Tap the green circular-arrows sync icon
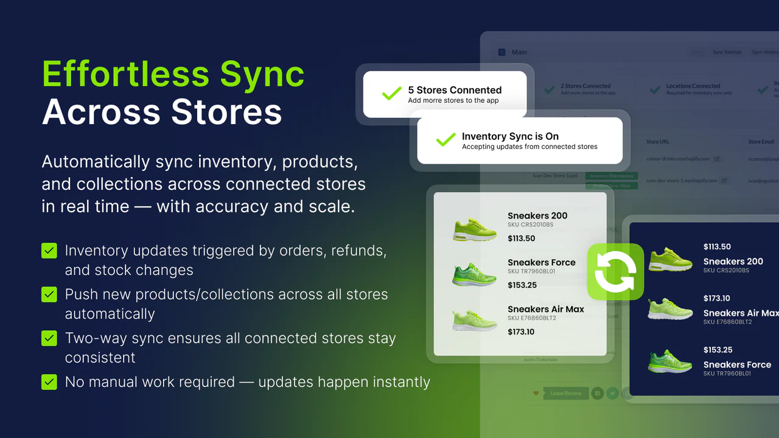[x=615, y=272]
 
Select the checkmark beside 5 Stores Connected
[x=391, y=94]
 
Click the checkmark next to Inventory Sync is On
[x=445, y=141]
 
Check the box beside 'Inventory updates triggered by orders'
[x=49, y=251]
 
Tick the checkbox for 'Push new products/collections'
[x=49, y=294]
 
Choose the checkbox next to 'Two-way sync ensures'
[x=49, y=338]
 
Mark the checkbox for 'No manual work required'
[x=49, y=382]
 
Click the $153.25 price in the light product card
[x=522, y=285]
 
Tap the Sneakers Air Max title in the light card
[x=545, y=309]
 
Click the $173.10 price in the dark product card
[x=716, y=298]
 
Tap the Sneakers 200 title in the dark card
[x=733, y=262]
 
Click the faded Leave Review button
[x=565, y=394]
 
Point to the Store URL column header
[x=657, y=142]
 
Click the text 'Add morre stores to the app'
[x=453, y=100]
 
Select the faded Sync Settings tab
[x=727, y=52]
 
